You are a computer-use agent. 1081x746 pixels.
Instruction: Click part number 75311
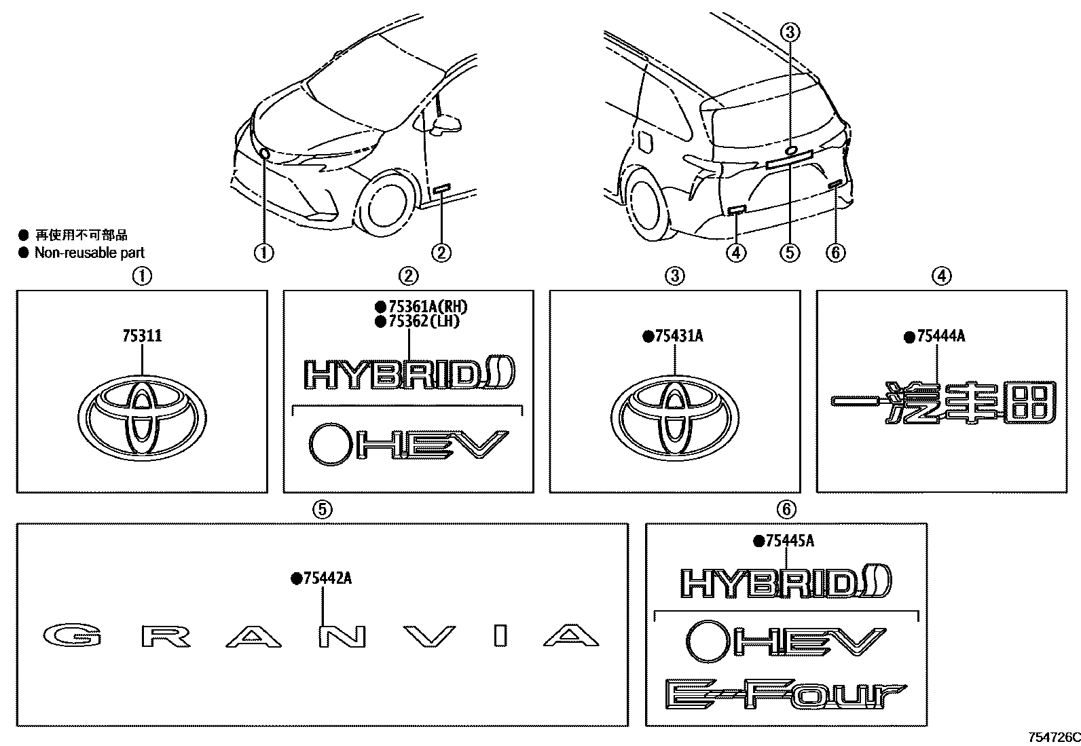tap(142, 336)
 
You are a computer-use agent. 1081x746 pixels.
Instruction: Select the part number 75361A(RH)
tap(427, 307)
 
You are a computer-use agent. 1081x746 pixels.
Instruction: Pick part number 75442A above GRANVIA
tap(327, 578)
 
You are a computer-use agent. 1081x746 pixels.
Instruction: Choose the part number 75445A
tap(789, 541)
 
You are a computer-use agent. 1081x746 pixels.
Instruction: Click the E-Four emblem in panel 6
tap(786, 694)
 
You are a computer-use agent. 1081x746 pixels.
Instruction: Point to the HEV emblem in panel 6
tap(786, 641)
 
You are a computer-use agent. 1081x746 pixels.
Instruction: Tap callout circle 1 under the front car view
tap(263, 253)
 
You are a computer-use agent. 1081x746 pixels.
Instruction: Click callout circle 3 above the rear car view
tap(790, 31)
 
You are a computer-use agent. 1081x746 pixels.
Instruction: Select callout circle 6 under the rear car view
tap(836, 253)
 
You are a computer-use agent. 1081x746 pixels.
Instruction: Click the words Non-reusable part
tap(89, 253)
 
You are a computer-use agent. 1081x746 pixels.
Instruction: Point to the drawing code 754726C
tap(1053, 737)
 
